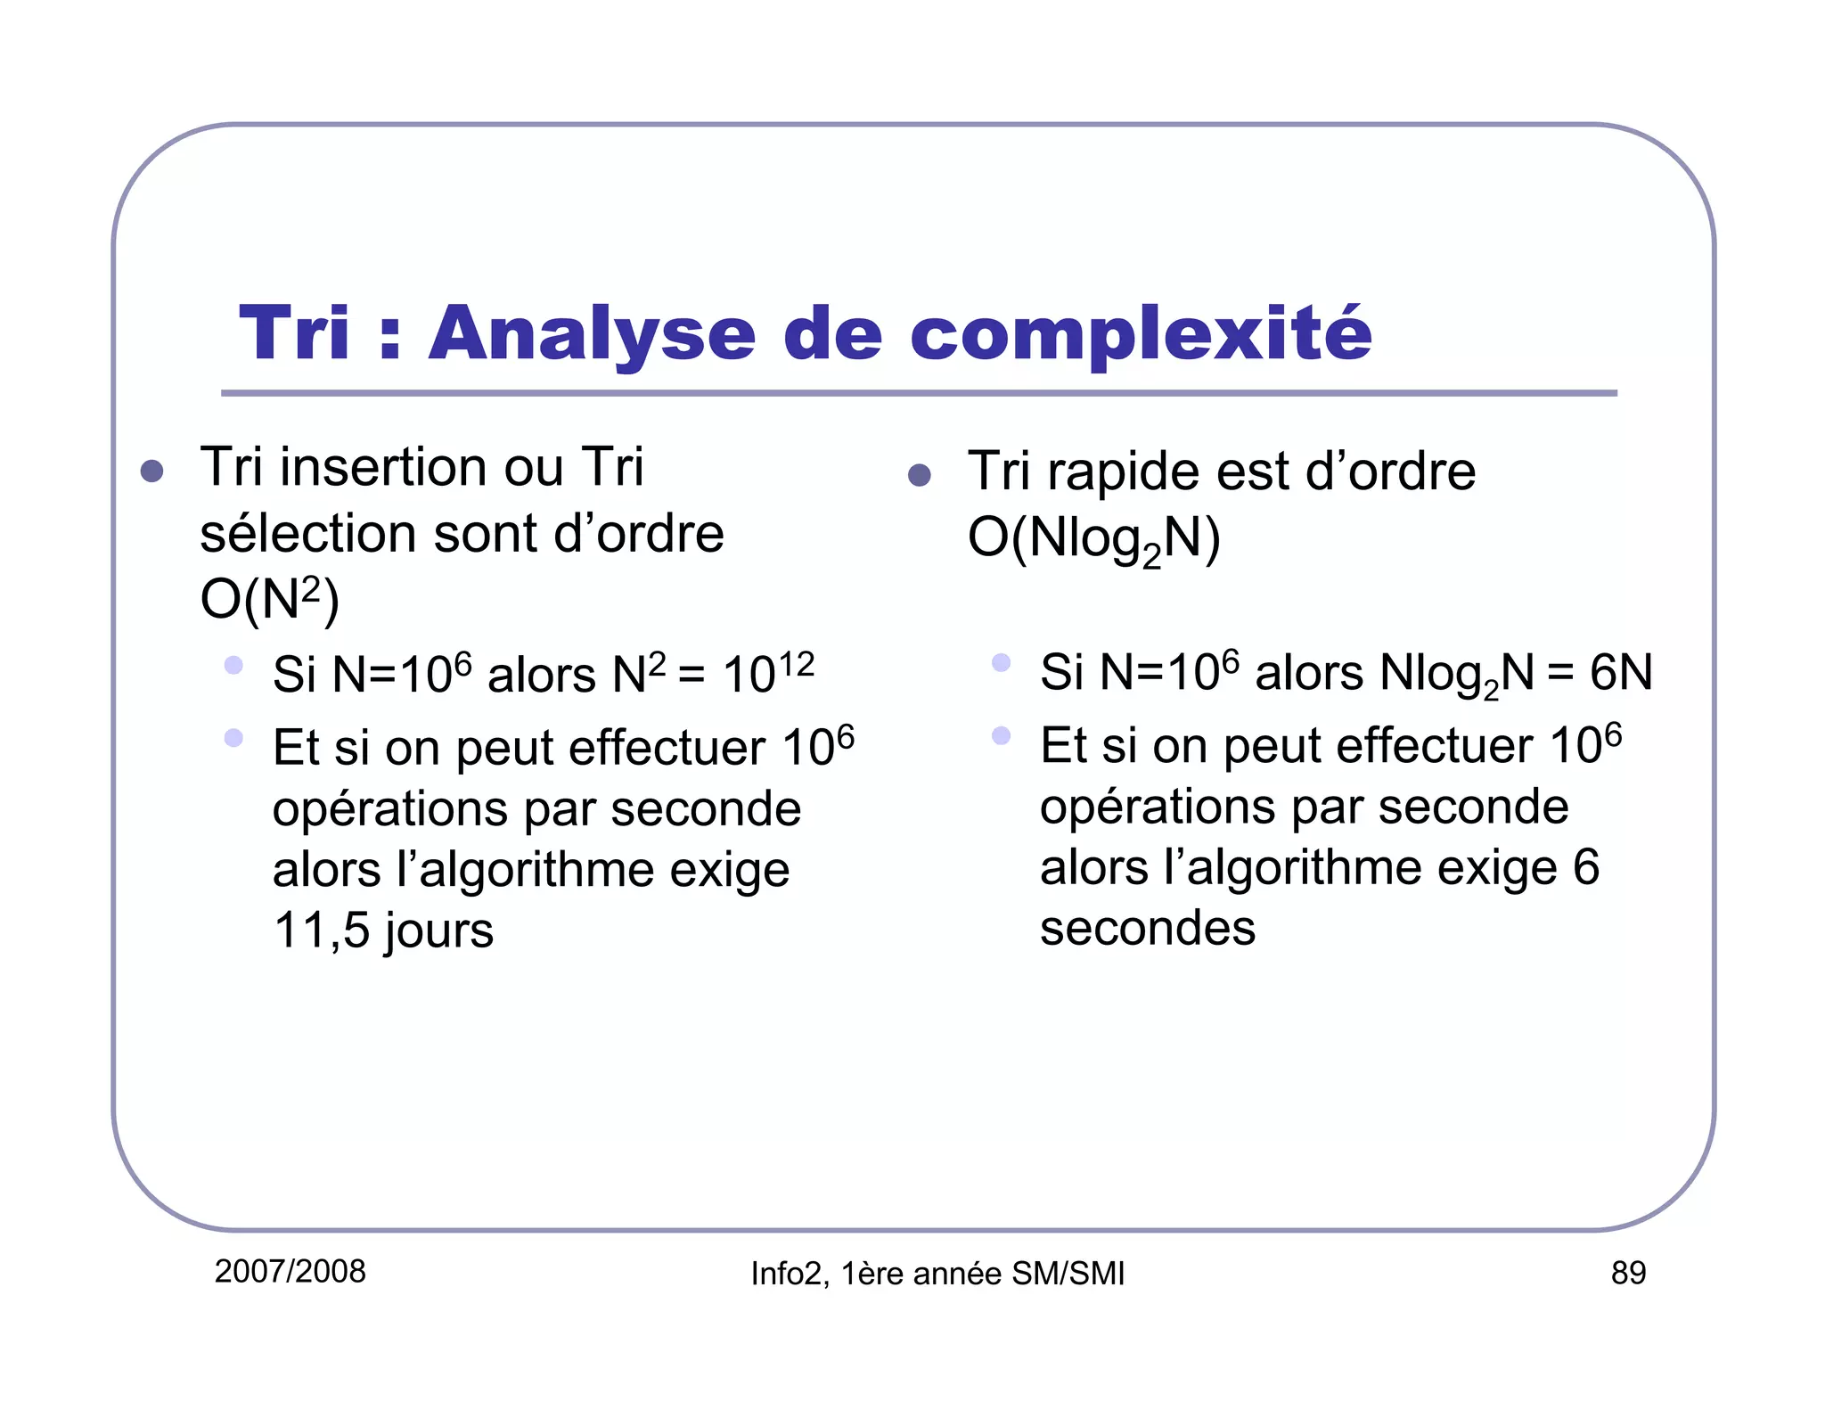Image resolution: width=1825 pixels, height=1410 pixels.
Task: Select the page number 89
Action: click(1627, 1273)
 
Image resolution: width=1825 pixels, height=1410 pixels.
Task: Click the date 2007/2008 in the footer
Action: click(290, 1271)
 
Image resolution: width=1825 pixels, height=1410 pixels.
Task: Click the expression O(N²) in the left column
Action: click(269, 599)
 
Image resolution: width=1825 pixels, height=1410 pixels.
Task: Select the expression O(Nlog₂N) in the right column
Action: click(1093, 539)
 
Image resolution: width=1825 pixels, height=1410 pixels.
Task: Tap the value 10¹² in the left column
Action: click(767, 673)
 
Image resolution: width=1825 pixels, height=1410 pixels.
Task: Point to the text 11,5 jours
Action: click(383, 930)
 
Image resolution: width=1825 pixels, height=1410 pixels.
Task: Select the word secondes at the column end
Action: click(1147, 928)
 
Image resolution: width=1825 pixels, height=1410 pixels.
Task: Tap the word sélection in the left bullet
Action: click(308, 534)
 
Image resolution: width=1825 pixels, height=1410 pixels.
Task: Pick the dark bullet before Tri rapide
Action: click(919, 475)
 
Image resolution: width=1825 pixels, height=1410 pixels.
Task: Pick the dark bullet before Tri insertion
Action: click(151, 471)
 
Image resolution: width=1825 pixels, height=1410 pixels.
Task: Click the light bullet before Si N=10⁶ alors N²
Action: click(233, 665)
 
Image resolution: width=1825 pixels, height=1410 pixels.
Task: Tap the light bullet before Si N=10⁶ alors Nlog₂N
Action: click(1001, 662)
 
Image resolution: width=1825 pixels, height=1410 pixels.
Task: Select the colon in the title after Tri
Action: click(389, 337)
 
